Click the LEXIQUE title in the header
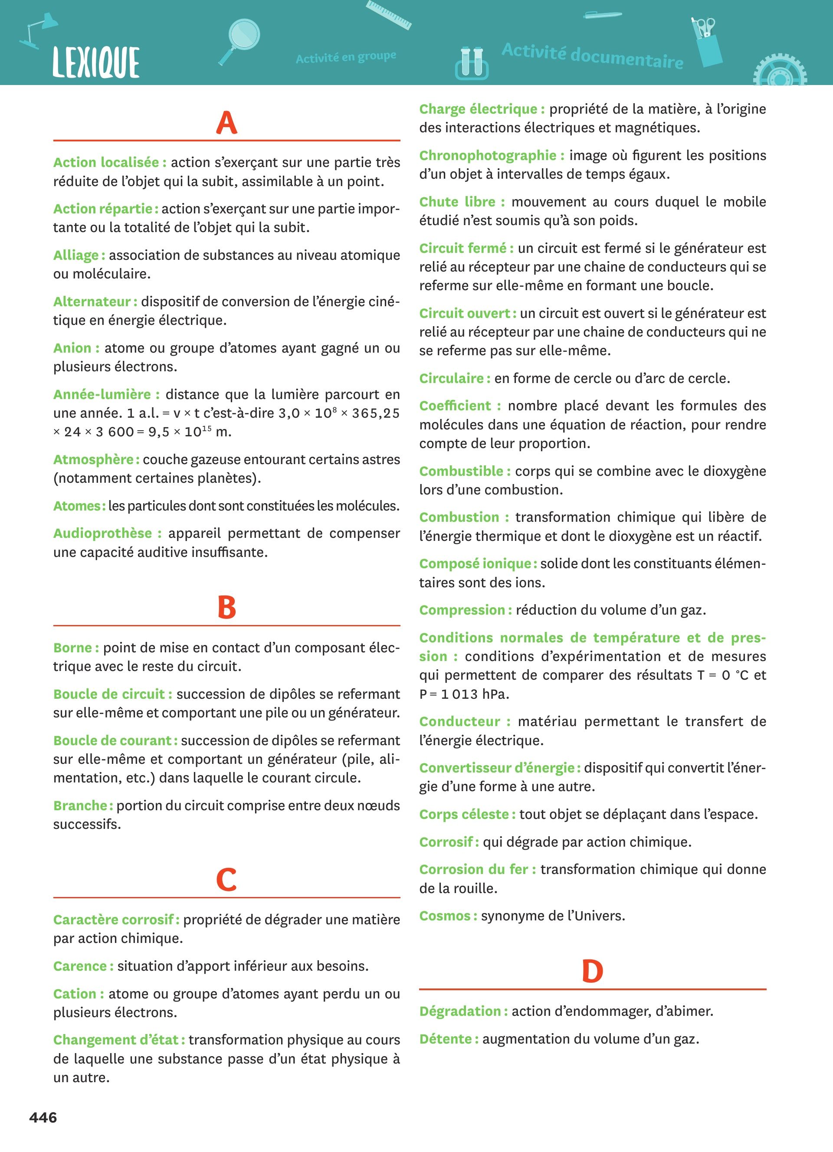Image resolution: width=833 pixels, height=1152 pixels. click(x=96, y=62)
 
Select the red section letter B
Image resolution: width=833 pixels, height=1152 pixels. click(x=226, y=608)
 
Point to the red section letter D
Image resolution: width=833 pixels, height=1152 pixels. click(x=592, y=971)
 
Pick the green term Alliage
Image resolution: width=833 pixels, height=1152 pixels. click(x=76, y=255)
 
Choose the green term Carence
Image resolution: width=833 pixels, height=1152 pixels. click(x=80, y=966)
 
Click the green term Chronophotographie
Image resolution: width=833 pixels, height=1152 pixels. click(x=488, y=155)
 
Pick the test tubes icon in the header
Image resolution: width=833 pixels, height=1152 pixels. click(x=471, y=63)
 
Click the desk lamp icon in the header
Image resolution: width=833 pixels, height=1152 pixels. click(x=38, y=30)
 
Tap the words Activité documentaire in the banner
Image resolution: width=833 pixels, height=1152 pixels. click(x=592, y=56)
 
